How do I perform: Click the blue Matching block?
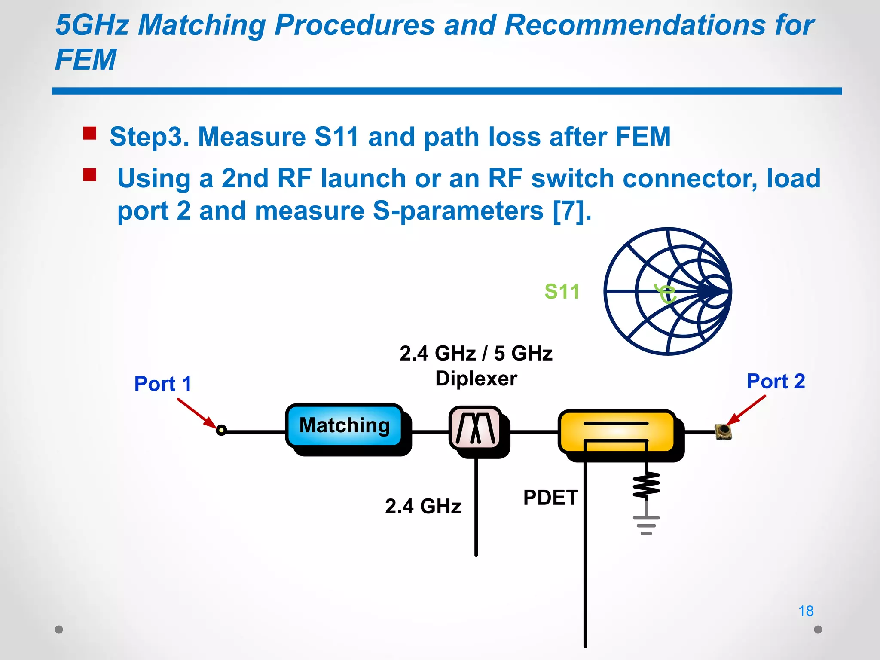(345, 425)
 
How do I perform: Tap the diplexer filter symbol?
(475, 428)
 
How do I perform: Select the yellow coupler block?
(617, 431)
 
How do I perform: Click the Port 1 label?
(162, 384)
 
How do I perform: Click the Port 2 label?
(776, 381)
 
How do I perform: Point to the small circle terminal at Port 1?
(221, 430)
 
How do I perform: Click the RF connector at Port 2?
(724, 431)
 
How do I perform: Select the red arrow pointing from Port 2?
(746, 410)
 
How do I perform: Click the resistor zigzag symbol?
(646, 485)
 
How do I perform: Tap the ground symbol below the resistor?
(646, 525)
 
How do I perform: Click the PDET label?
(550, 498)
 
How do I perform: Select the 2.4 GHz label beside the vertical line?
(423, 506)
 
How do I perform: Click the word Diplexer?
(476, 379)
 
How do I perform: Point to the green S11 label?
(562, 292)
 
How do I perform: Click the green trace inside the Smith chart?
(666, 294)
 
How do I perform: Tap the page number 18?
(806, 611)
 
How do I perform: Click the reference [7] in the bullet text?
(571, 211)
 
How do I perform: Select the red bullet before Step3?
(90, 133)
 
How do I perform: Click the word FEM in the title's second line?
(86, 59)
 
